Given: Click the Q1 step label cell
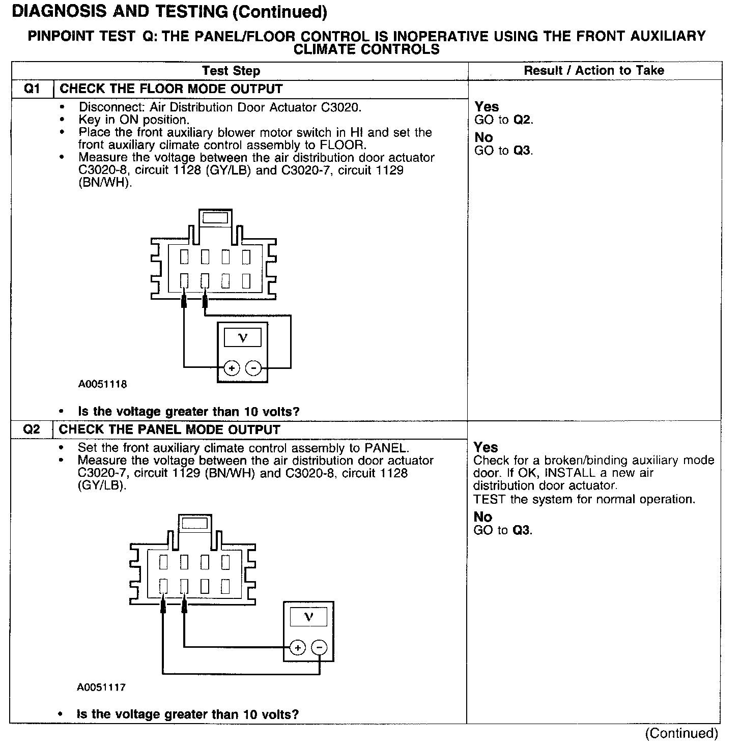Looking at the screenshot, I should coord(32,89).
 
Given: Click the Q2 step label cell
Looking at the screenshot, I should coord(32,429).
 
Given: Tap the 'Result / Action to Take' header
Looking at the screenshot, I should coord(594,71).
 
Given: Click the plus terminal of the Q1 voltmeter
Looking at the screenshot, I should coord(232,368).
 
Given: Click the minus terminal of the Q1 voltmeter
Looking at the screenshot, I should coord(253,368).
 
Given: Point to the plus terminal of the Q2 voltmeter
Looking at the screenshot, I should coord(298,647).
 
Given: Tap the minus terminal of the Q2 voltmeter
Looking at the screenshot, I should coord(319,647).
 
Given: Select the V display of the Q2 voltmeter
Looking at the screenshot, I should coord(308,617).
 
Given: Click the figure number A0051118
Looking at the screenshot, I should coord(102,384).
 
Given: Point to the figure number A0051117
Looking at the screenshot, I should coord(101,687).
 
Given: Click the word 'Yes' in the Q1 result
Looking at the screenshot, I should coord(487,107).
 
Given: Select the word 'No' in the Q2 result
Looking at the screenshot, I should coord(483,517).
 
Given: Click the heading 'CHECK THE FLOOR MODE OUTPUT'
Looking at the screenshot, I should coord(171,89).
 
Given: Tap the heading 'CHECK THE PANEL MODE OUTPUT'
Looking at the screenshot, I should coord(169,429).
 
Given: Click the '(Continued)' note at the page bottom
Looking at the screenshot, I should coord(681,733).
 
